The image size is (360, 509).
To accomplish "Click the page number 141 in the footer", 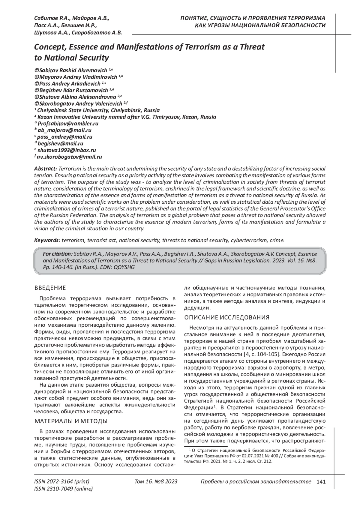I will click(321, 482).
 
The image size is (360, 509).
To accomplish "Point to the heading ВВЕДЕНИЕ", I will click(50, 288).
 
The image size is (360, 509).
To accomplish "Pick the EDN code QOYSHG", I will click(127, 267).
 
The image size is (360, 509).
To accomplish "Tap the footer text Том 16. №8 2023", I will click(156, 482).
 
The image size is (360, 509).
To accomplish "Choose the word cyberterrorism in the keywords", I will click(248, 240).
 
